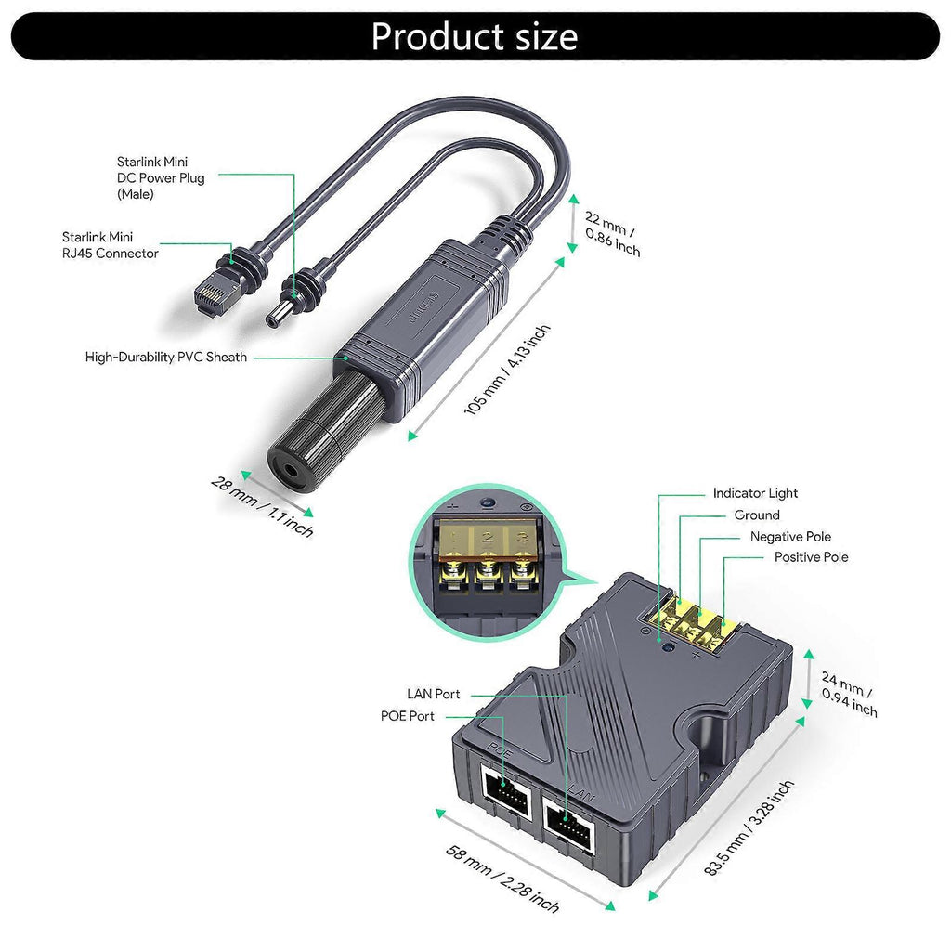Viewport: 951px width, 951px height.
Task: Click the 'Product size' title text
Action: pyautogui.click(x=475, y=36)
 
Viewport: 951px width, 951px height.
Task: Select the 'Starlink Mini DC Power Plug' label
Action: pyautogui.click(x=161, y=177)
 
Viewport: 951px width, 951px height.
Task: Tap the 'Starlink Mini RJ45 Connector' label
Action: pyautogui.click(x=111, y=245)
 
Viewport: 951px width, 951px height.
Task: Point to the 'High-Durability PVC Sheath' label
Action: pyautogui.click(x=166, y=357)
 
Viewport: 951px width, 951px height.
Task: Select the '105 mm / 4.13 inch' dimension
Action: pyautogui.click(x=507, y=370)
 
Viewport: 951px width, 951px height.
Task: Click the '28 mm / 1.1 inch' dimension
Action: pyautogui.click(x=262, y=506)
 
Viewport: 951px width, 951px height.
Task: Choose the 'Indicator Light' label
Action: pyautogui.click(x=755, y=493)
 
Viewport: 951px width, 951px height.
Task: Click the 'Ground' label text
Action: pyautogui.click(x=757, y=515)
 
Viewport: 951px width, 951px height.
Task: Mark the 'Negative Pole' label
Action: pyautogui.click(x=790, y=536)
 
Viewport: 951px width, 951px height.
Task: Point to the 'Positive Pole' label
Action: pyautogui.click(x=811, y=557)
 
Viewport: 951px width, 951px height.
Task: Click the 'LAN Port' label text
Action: pyautogui.click(x=433, y=694)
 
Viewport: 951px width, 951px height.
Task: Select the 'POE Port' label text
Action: pyautogui.click(x=407, y=716)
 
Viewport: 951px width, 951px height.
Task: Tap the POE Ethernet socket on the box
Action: pyautogui.click(x=506, y=796)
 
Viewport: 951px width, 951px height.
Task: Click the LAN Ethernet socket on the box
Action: pyautogui.click(x=567, y=823)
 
